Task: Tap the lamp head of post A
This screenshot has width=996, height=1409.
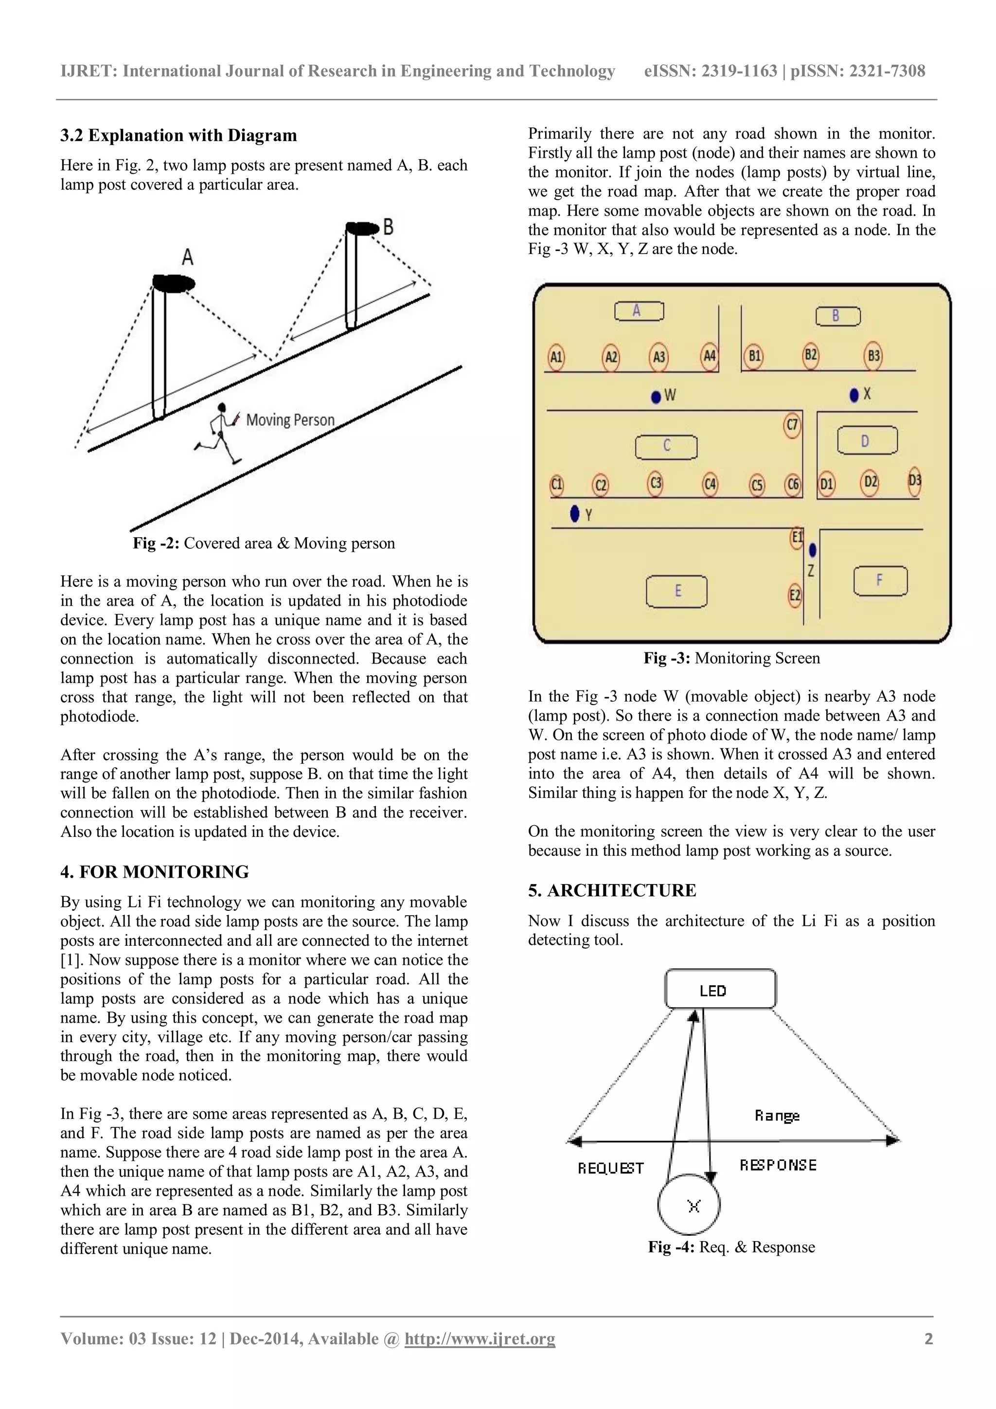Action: point(174,284)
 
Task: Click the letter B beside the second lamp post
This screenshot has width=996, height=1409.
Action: point(388,227)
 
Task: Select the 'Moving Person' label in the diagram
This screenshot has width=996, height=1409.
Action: point(290,420)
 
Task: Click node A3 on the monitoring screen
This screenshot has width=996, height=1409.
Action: point(658,357)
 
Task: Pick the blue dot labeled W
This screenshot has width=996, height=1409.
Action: point(656,397)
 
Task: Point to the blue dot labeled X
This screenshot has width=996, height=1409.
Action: point(854,395)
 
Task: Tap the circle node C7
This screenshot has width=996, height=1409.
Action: point(792,425)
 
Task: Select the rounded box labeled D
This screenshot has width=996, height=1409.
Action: point(867,441)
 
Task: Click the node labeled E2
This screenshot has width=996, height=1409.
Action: point(795,595)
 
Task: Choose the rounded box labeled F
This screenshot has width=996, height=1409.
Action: point(880,580)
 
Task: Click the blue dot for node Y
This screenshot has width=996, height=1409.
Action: point(575,513)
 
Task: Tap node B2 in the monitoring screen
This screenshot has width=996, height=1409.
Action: point(811,355)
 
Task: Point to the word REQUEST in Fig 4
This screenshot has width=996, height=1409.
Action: point(611,1168)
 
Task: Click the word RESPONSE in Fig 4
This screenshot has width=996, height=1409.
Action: point(778,1165)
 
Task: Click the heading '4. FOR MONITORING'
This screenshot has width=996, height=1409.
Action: point(155,871)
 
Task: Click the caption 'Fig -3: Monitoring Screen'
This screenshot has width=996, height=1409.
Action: point(731,658)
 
